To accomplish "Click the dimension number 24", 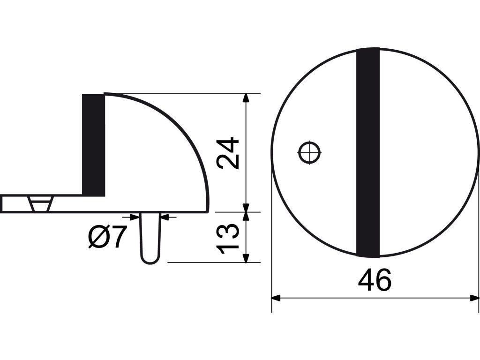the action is tap(227, 153).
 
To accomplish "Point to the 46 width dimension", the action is tap(375, 280).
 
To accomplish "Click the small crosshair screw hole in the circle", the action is tap(309, 152).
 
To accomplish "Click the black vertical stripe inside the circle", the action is tap(368, 153).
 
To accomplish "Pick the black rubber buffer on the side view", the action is tap(94, 145).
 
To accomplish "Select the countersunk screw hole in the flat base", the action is tap(40, 203).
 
